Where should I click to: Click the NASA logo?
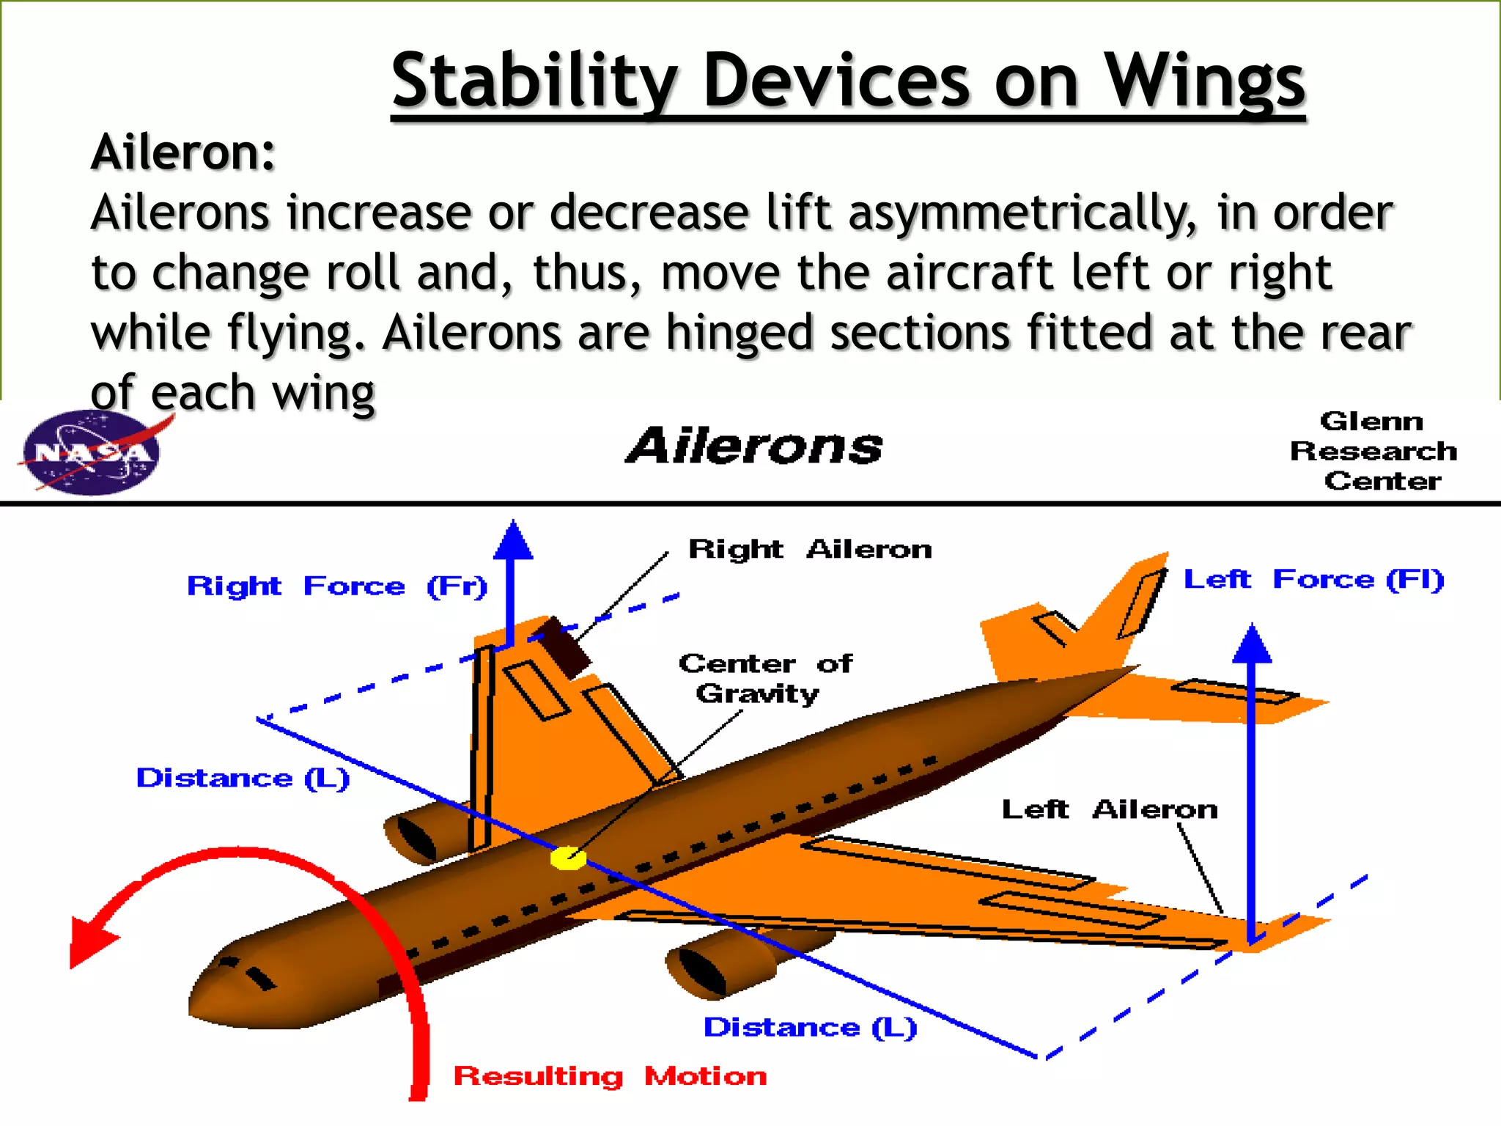coord(92,453)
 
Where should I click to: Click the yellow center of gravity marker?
coord(568,858)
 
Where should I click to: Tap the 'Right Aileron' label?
coord(810,549)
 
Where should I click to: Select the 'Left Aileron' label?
coord(1109,809)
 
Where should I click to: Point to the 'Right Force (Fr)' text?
coord(336,586)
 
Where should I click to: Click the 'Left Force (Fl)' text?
coord(1313,579)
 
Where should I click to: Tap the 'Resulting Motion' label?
coord(610,1076)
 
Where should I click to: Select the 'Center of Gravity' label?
coord(764,678)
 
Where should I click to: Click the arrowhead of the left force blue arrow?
coord(1252,645)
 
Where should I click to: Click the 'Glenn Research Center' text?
coord(1373,451)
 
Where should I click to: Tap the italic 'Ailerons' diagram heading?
coord(755,446)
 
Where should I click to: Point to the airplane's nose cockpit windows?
coord(249,971)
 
